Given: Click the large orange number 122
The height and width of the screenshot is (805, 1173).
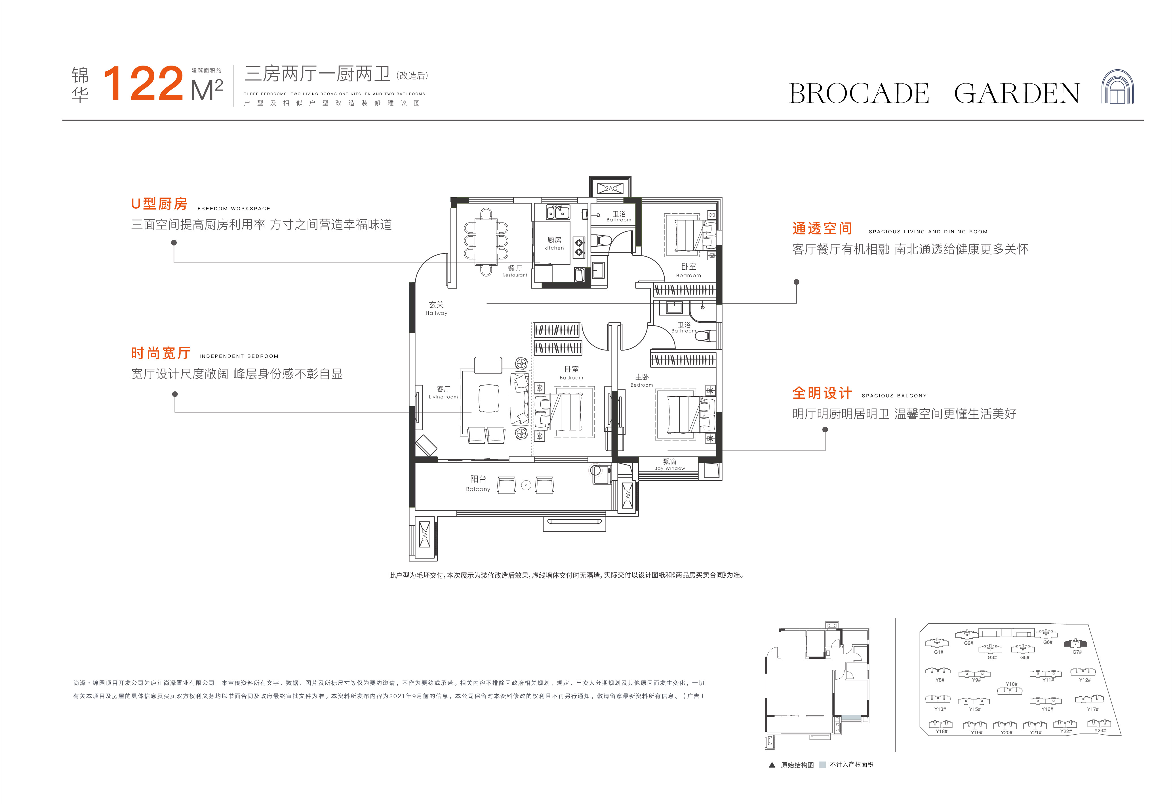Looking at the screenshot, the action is click(143, 83).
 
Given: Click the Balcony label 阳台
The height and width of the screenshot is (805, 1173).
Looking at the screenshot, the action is click(478, 479).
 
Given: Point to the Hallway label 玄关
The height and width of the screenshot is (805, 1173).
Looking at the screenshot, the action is click(436, 305).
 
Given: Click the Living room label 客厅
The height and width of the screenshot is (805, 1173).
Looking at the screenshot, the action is click(443, 389).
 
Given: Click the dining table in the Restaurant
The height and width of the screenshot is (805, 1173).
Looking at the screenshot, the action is click(486, 241).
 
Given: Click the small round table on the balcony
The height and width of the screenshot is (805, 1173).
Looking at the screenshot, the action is click(526, 485).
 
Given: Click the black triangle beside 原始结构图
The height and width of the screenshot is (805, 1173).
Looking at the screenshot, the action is click(772, 765).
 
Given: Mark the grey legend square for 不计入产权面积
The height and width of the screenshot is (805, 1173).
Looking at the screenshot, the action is click(822, 765).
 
